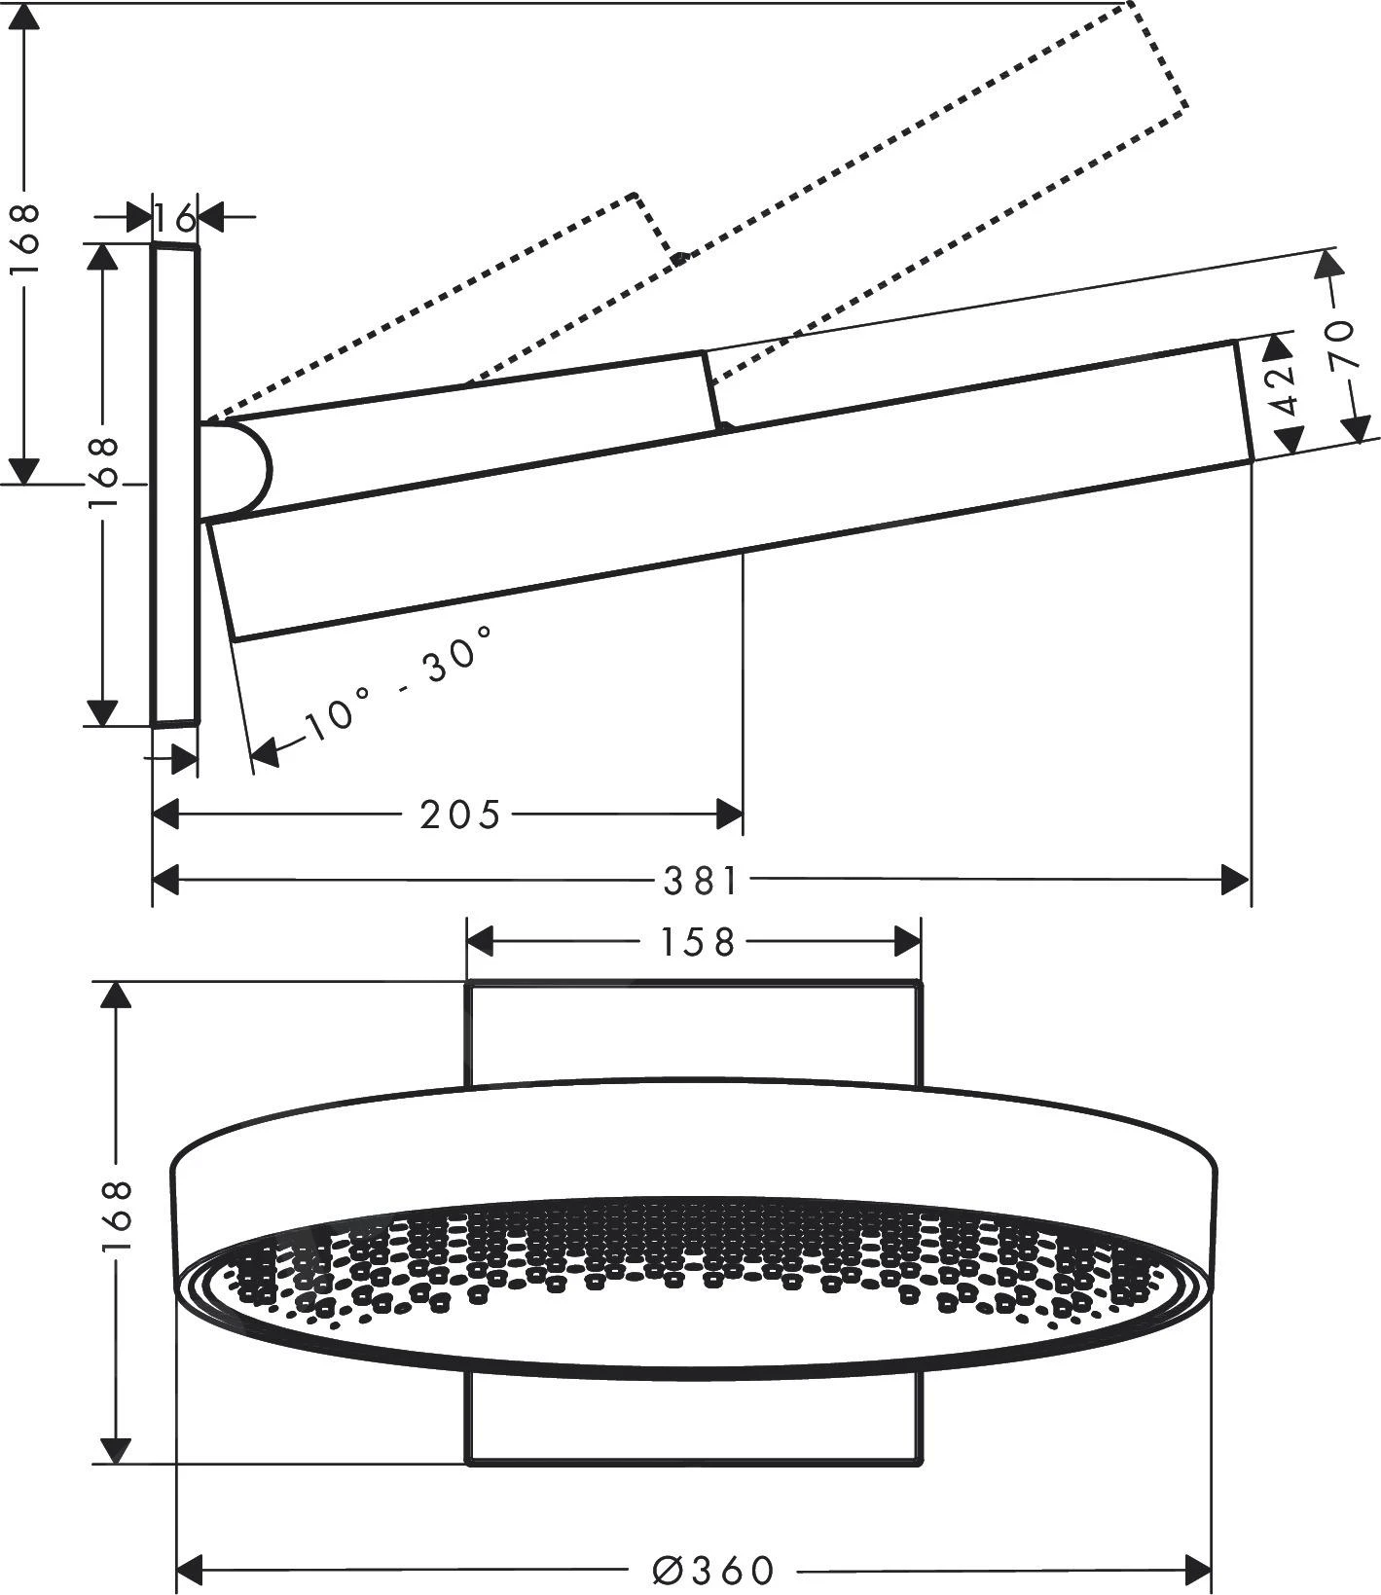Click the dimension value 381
coord(701,882)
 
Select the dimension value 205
coord(459,815)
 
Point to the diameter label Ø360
coord(714,1570)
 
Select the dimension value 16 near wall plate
coord(176,218)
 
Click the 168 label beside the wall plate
coord(103,472)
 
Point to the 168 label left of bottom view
coord(116,1216)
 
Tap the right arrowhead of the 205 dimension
coord(730,815)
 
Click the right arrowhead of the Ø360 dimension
coord(1198,1570)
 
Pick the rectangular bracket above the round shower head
coord(693,1032)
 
